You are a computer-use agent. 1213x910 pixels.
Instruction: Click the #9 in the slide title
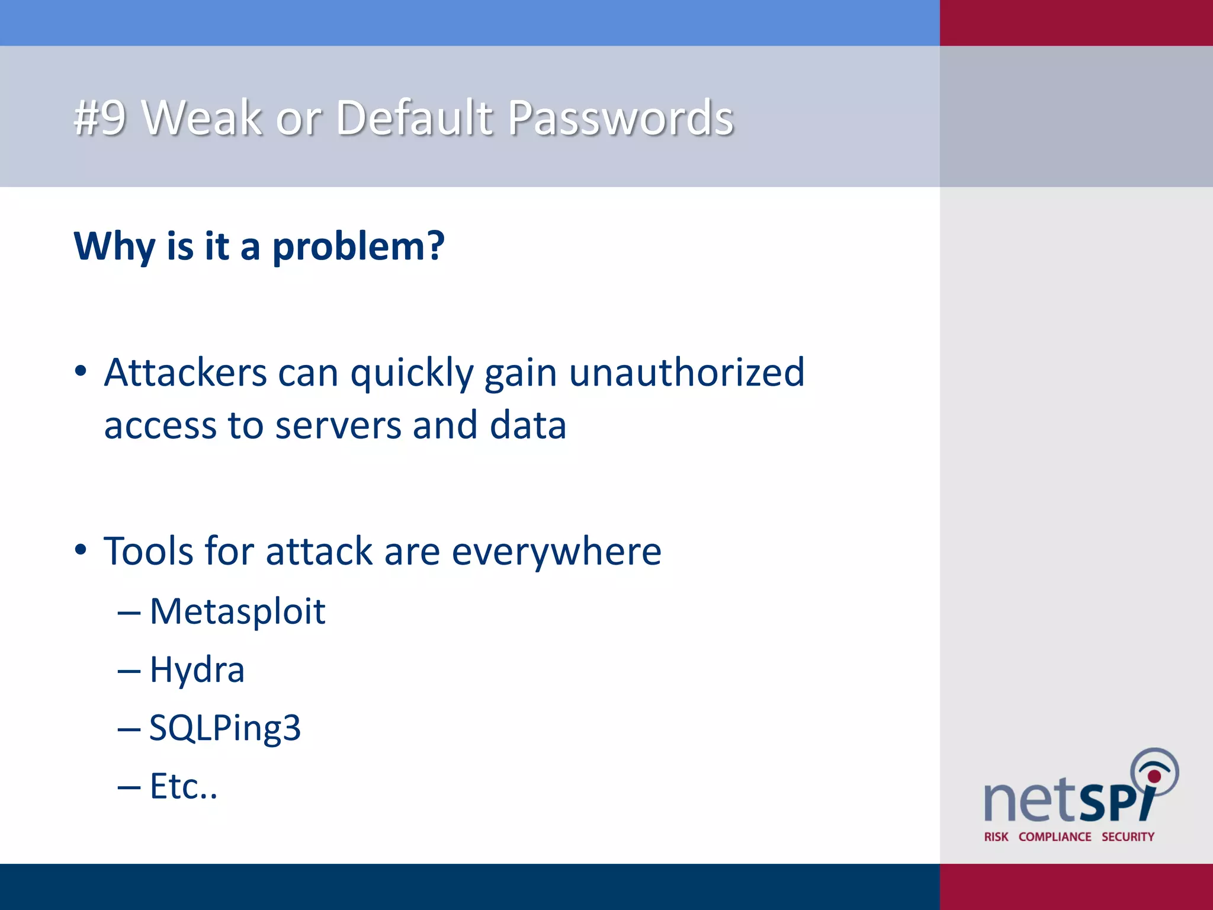pyautogui.click(x=100, y=118)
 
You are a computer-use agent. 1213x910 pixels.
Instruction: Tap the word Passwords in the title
pyautogui.click(x=621, y=118)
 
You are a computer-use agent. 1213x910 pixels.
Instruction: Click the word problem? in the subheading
pyautogui.click(x=358, y=246)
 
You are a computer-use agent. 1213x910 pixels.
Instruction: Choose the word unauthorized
pyautogui.click(x=687, y=373)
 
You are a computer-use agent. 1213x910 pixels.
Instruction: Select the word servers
pyautogui.click(x=338, y=426)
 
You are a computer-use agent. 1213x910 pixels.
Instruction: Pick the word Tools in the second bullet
pyautogui.click(x=149, y=552)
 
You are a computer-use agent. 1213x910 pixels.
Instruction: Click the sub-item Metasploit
pyautogui.click(x=238, y=611)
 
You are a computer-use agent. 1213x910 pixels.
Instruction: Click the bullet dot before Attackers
pyautogui.click(x=81, y=372)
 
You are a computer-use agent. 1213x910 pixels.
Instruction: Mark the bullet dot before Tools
pyautogui.click(x=81, y=550)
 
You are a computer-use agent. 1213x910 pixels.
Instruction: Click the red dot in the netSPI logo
pyautogui.click(x=1154, y=776)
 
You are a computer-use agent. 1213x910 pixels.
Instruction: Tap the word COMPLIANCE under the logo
pyautogui.click(x=1055, y=837)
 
